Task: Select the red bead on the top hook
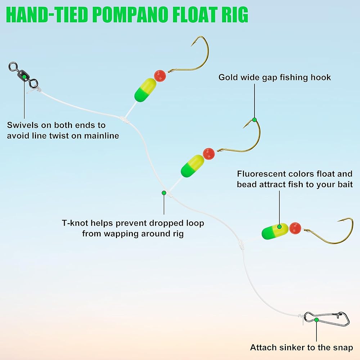(x=160, y=76)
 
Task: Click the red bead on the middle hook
(x=209, y=154)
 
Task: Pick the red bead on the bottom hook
(x=295, y=228)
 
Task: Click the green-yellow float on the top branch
(x=145, y=90)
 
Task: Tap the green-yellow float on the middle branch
(x=192, y=166)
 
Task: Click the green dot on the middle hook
(x=255, y=120)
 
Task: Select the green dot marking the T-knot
(x=164, y=193)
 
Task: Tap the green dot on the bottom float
(x=279, y=226)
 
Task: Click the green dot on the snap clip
(x=316, y=320)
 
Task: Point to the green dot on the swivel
(x=24, y=76)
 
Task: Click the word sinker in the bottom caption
(x=301, y=347)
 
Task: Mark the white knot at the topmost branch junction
(x=124, y=120)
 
